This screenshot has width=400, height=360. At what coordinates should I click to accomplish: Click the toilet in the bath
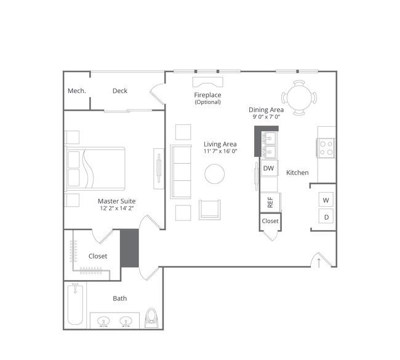coord(151,318)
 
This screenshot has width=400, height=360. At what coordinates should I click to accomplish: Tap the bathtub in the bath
coord(75,305)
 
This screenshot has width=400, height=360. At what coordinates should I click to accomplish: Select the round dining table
coord(299,98)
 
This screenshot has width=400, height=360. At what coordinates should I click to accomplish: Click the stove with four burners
coord(326,148)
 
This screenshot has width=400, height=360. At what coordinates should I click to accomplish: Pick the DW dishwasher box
coord(269,168)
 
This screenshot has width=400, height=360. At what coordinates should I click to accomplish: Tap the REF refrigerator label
coord(270,202)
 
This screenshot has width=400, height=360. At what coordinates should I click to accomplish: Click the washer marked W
coord(326,200)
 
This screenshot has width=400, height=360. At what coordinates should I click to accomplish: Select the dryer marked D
coord(326,217)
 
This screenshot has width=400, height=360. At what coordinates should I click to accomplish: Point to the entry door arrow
coord(319,263)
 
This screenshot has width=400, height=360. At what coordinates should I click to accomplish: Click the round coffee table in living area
coord(215,174)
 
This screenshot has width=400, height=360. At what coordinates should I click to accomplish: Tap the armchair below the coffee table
coord(210,210)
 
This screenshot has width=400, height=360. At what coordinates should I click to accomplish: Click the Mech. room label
coord(76,91)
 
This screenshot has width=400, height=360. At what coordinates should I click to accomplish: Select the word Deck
coord(120,91)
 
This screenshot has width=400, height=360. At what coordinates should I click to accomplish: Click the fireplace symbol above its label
coord(207,82)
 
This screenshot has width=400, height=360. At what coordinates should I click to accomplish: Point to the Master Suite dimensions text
coord(117,208)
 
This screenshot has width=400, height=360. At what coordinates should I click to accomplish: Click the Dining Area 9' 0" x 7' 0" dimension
coord(266,117)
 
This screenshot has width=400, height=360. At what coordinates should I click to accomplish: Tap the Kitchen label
coord(297,173)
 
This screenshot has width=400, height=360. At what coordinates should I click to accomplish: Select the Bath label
coord(119,298)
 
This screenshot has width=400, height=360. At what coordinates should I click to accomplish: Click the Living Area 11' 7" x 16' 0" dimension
coord(220,151)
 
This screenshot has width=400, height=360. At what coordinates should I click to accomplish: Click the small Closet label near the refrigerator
coord(270,221)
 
